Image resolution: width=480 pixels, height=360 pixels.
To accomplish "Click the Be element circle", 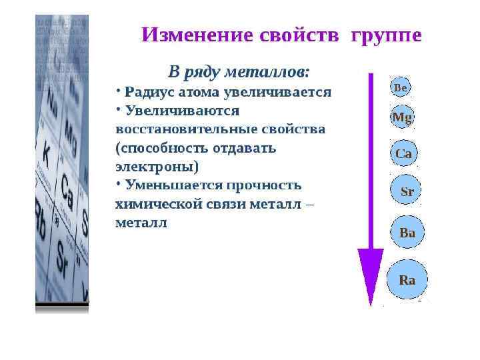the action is point(401,87).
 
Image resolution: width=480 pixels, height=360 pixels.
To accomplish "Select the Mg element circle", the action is point(402,118).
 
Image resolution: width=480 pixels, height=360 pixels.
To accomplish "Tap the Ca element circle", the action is point(404,153).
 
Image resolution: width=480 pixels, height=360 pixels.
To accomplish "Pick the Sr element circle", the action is point(407,191).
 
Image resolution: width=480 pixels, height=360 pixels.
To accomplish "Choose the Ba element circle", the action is point(407,233).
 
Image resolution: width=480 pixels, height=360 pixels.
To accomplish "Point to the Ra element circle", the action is point(407,280).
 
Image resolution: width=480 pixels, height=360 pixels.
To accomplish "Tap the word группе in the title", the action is point(384,35).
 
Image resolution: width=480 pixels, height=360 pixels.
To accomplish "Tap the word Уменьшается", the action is point(174,185).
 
